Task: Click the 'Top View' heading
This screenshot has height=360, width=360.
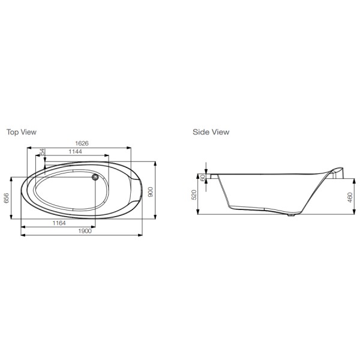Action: pos(22,132)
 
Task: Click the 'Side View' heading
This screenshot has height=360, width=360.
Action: pos(211,132)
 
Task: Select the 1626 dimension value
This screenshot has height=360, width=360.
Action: pos(82,143)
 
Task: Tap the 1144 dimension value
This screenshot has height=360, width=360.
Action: pos(76,152)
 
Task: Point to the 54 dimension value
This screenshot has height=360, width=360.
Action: pos(43,152)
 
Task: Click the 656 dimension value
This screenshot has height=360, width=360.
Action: pos(6,198)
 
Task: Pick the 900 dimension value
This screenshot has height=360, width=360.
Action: pos(150,192)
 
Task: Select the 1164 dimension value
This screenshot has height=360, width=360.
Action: pos(59,223)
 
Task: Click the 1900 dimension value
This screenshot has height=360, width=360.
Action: pos(85,231)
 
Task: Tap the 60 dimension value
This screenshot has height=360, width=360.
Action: pos(203,178)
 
